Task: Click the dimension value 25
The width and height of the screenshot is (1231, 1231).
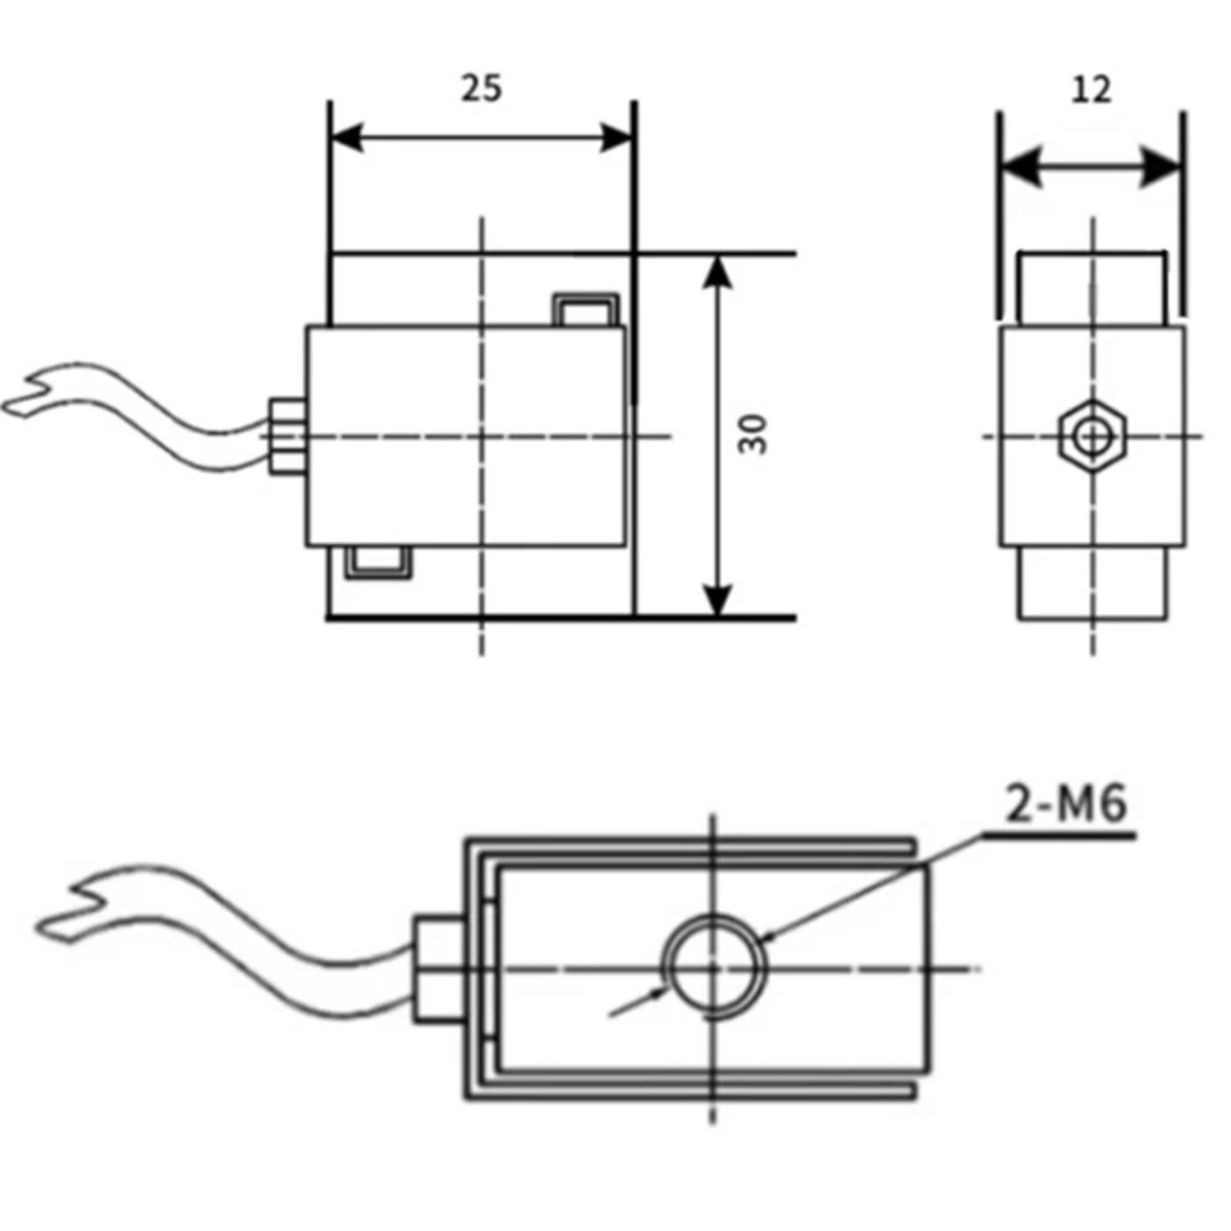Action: click(481, 88)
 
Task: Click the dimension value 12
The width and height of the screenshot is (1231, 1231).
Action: click(1091, 89)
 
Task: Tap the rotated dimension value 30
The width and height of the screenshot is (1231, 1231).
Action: click(753, 435)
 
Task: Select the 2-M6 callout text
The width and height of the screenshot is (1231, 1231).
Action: click(1066, 803)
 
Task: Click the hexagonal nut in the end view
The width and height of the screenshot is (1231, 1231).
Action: click(1091, 436)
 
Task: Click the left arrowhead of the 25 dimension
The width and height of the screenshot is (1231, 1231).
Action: click(346, 138)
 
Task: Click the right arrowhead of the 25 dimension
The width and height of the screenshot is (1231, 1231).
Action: click(617, 138)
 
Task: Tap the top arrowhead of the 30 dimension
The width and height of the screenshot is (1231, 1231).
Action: click(718, 272)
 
